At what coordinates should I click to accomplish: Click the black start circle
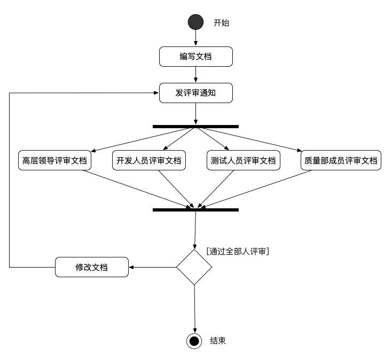pyautogui.click(x=196, y=22)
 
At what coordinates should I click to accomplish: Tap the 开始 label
pyautogui.click(x=221, y=22)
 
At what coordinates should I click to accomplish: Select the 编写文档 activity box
pyautogui.click(x=196, y=57)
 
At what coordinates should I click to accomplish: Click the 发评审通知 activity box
pyautogui.click(x=196, y=93)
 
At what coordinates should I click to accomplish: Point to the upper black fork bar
pyautogui.click(x=195, y=127)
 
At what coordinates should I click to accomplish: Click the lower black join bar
pyautogui.click(x=195, y=210)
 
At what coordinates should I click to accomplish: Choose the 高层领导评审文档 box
pyautogui.click(x=54, y=161)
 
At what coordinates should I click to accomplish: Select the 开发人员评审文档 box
pyautogui.click(x=149, y=161)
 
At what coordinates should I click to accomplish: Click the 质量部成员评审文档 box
pyautogui.click(x=341, y=161)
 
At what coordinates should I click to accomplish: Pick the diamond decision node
pyautogui.click(x=194, y=267)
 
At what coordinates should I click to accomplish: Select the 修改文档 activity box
pyautogui.click(x=92, y=267)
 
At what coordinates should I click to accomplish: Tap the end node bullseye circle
pyautogui.click(x=194, y=341)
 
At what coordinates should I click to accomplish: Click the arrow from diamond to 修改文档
pyautogui.click(x=153, y=267)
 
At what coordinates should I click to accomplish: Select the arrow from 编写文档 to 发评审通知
pyautogui.click(x=196, y=75)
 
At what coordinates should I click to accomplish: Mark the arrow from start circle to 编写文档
pyautogui.click(x=196, y=38)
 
